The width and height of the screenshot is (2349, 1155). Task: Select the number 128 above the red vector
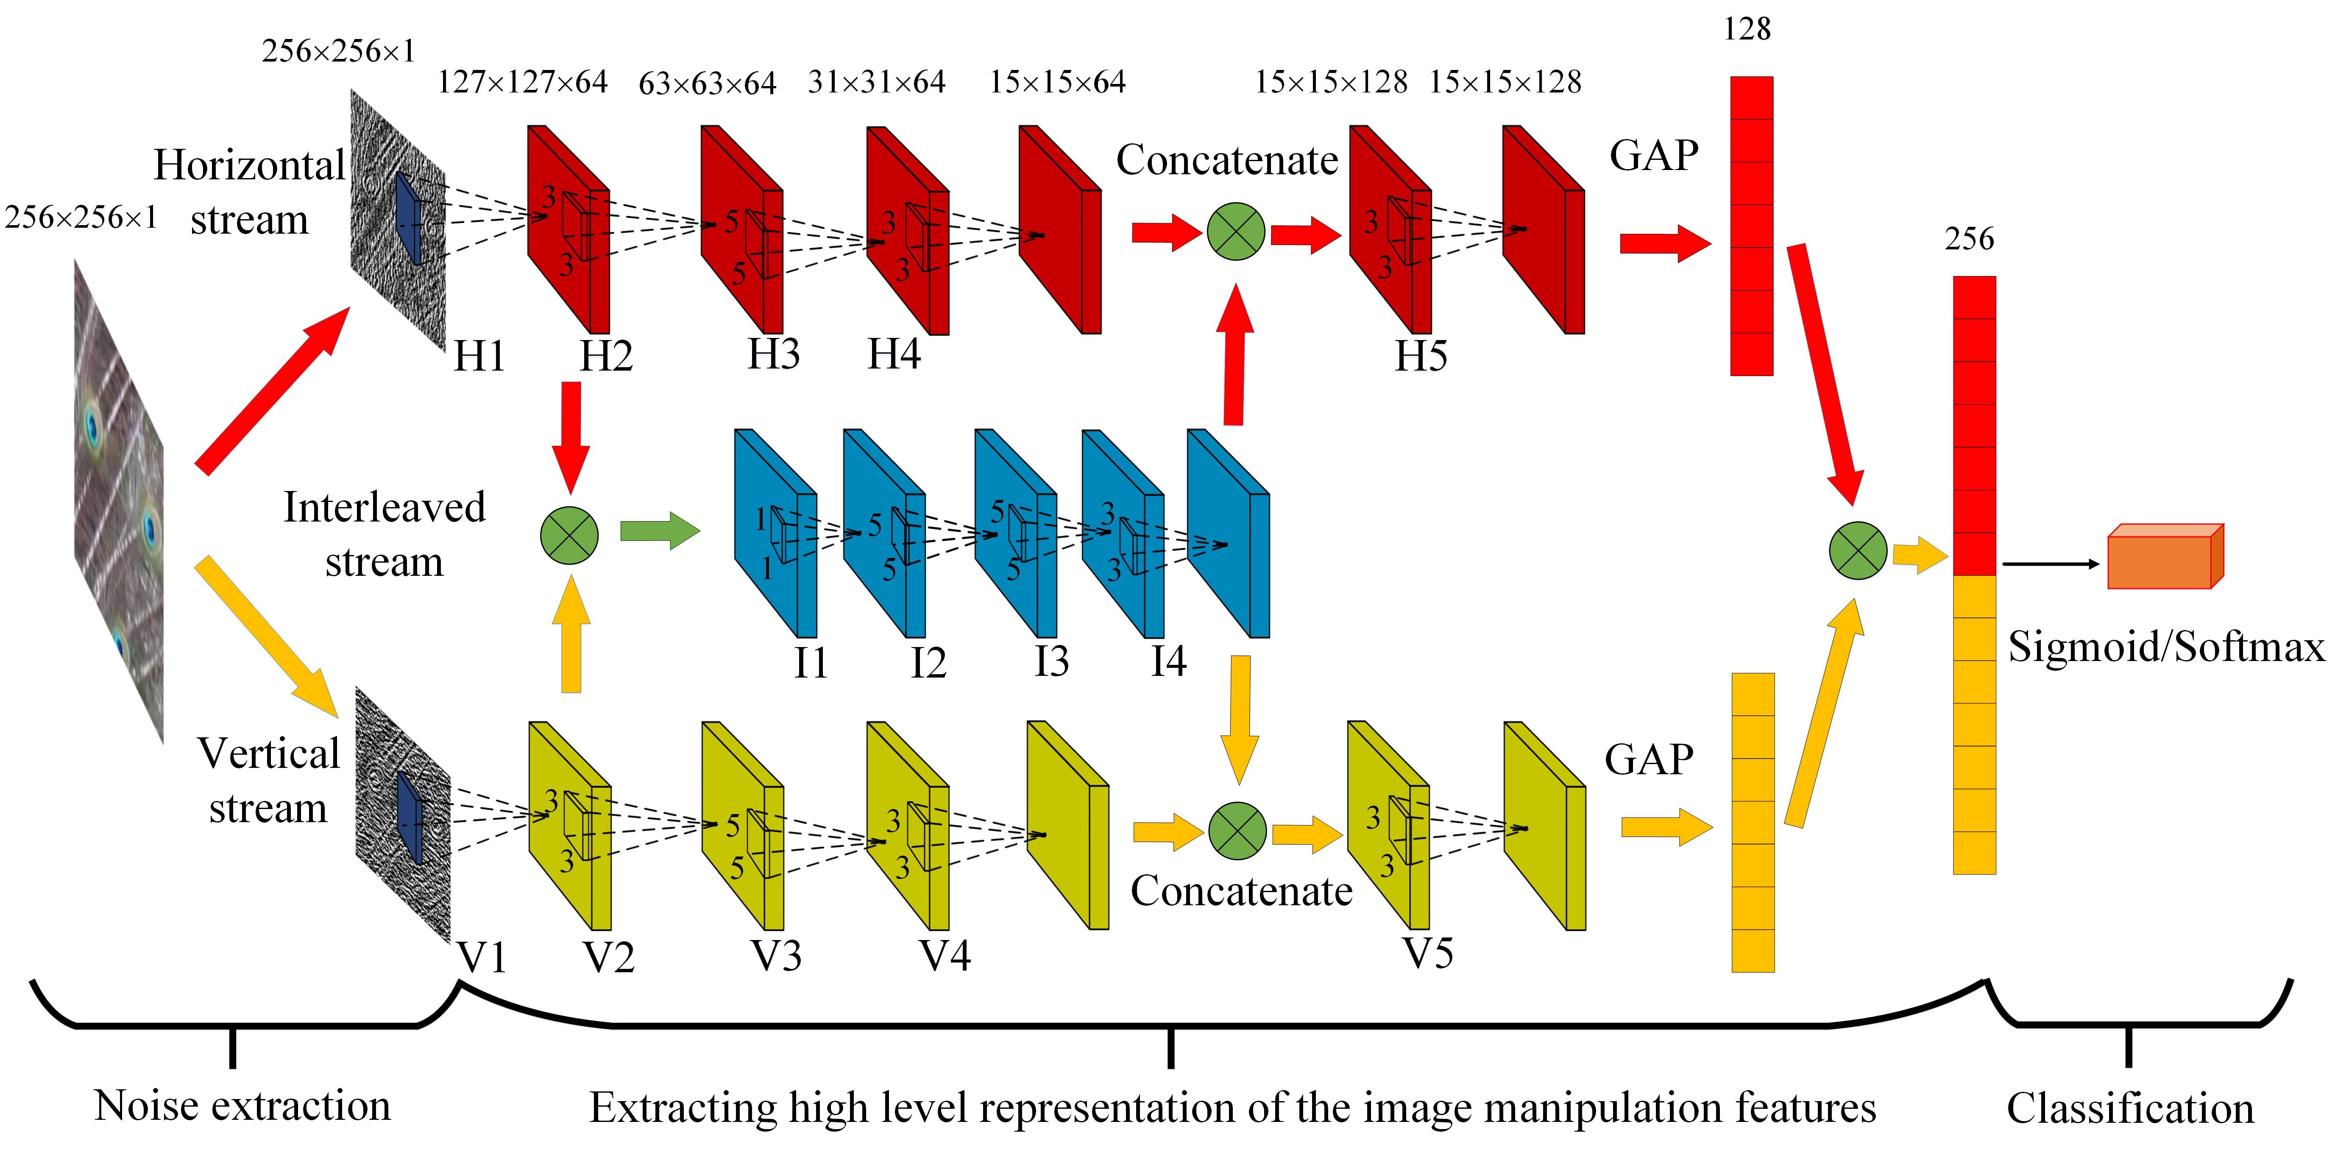click(x=1746, y=29)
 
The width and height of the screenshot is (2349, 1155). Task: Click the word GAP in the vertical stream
click(x=1649, y=759)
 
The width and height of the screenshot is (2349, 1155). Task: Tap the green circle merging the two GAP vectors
click(x=1858, y=550)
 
